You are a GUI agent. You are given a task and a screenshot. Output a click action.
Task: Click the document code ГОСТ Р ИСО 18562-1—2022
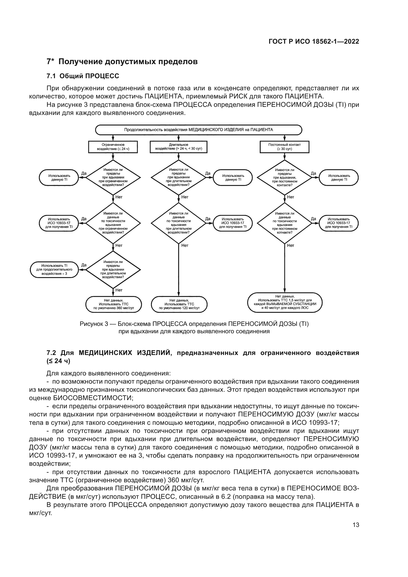[x=314, y=41]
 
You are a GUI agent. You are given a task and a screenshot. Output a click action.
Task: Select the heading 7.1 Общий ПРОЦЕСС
[x=83, y=76]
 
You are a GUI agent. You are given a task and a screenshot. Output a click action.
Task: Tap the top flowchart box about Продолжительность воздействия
[x=199, y=130]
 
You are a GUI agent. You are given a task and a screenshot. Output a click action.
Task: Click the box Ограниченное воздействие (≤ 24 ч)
[x=113, y=147]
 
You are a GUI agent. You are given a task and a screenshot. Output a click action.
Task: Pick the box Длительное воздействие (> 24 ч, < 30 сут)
[x=179, y=147]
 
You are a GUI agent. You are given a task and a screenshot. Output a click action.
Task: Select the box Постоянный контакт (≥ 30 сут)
[x=284, y=147]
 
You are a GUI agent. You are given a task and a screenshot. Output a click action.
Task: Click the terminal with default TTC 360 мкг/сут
[x=113, y=304]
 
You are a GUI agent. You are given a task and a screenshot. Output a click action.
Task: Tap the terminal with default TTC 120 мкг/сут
[x=179, y=304]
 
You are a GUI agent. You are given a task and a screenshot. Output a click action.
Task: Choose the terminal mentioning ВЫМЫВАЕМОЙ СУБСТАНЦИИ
[x=285, y=302]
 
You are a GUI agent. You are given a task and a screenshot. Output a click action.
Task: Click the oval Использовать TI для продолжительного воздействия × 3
[x=54, y=269]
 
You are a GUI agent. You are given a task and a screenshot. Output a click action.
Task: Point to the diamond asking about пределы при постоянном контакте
[x=284, y=177]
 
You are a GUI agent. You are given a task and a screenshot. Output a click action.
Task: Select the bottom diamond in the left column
[x=113, y=270]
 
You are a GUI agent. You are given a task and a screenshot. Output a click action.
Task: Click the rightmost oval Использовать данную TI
[x=339, y=177]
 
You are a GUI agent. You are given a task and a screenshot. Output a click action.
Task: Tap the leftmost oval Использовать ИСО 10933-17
[x=59, y=223]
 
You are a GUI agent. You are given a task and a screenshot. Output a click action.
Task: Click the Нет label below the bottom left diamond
[x=119, y=290]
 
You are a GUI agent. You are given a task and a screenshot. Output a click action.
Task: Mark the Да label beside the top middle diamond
[x=208, y=173]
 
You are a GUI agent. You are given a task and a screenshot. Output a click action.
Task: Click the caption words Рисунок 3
[x=94, y=324]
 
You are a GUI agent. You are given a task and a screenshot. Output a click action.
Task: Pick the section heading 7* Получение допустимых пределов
[x=122, y=62]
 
